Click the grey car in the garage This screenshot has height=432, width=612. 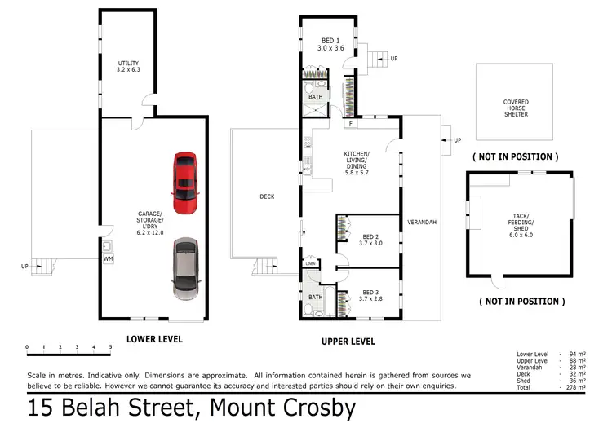click(x=185, y=268)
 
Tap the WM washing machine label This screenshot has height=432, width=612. click(x=109, y=258)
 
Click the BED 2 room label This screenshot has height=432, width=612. click(x=371, y=239)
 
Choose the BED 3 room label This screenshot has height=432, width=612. click(x=371, y=294)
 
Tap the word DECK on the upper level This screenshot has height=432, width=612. click(x=267, y=196)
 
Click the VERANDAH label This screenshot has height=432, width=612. click(x=422, y=222)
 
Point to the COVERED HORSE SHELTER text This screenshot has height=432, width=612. click(x=516, y=108)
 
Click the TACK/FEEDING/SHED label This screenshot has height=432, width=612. click(x=520, y=222)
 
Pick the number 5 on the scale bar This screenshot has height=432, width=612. click(x=110, y=347)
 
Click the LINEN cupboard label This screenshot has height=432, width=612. click(x=311, y=263)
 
